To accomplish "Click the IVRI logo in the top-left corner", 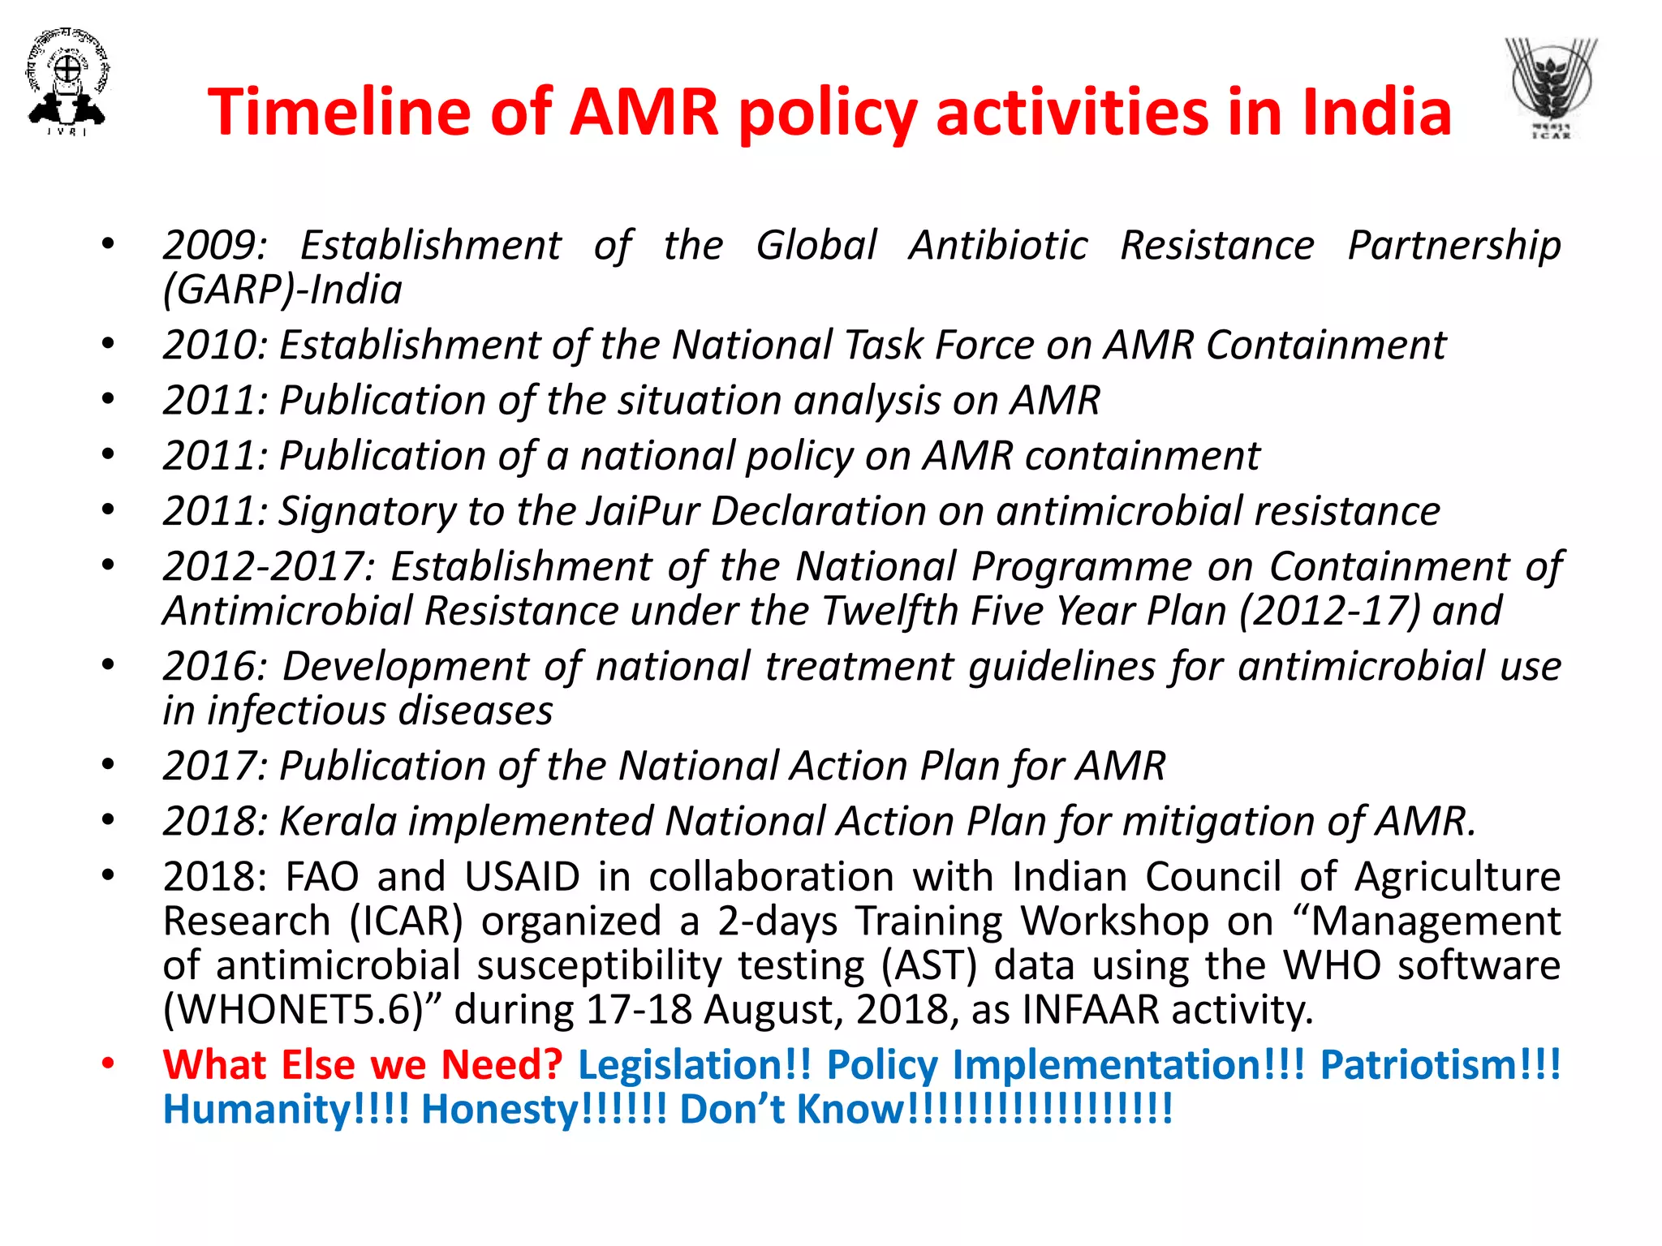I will [67, 81].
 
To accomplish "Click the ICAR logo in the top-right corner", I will [1551, 88].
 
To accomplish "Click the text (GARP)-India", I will [282, 290].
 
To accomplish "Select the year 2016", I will [213, 667].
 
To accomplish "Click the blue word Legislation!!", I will [694, 1065].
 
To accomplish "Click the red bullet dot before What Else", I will [108, 1063].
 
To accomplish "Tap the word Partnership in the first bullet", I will [1453, 245].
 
